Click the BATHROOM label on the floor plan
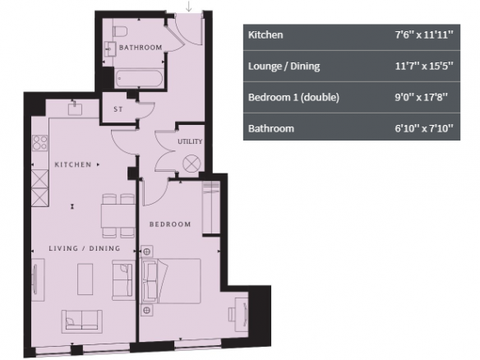point(141,48)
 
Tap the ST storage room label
point(118,109)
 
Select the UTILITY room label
point(190,141)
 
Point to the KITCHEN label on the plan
point(73,164)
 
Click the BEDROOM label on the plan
point(170,224)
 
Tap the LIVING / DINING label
point(85,248)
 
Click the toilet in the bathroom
point(120,31)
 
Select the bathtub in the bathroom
point(139,79)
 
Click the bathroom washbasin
point(110,49)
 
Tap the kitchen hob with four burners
point(40,143)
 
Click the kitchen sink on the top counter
point(75,108)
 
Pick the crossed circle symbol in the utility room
point(192,164)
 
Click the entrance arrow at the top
point(189,6)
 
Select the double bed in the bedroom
point(171,281)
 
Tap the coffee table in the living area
point(85,279)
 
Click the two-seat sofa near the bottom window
point(82,321)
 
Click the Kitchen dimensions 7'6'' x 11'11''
point(423,35)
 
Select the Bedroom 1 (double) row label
point(293,97)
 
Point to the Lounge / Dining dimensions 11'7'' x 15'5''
point(423,66)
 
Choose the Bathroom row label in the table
point(271,128)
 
